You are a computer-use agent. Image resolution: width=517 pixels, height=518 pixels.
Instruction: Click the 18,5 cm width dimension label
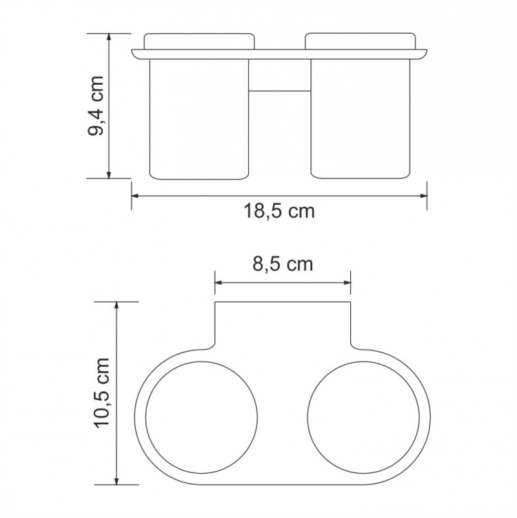point(278,212)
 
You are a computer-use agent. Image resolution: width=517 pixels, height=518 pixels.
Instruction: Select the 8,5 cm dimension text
point(283,264)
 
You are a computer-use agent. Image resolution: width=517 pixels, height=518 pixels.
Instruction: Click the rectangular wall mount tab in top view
point(283,324)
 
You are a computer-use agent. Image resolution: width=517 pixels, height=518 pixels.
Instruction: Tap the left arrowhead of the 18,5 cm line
point(136,196)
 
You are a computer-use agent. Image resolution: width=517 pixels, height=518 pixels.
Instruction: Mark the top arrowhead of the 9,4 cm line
point(110,36)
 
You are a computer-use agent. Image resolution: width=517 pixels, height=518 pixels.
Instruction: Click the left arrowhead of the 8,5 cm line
point(219,283)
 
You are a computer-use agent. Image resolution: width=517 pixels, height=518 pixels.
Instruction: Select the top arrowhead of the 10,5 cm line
point(118,306)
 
